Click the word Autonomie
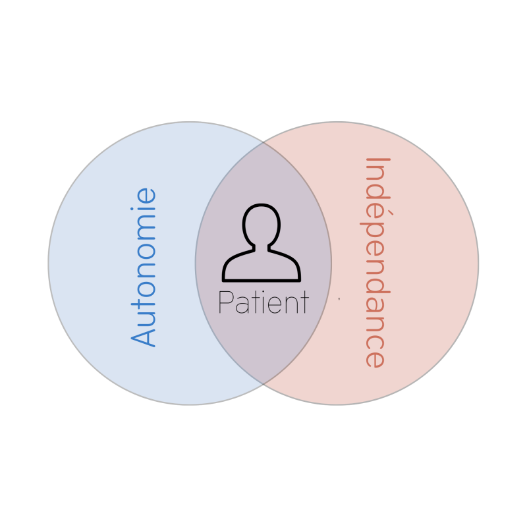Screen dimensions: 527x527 (x=144, y=267)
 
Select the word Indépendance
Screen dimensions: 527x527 (x=374, y=262)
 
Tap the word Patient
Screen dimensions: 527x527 (x=263, y=303)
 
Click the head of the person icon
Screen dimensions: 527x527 (x=262, y=224)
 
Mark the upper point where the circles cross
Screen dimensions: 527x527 (x=263, y=142)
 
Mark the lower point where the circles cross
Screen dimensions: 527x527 (x=263, y=385)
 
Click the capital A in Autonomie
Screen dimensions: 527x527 (x=144, y=335)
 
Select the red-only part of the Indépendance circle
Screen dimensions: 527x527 (x=435, y=263)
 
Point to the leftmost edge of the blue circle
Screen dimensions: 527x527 (x=49, y=263)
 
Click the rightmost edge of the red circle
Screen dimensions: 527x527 (x=478, y=263)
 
